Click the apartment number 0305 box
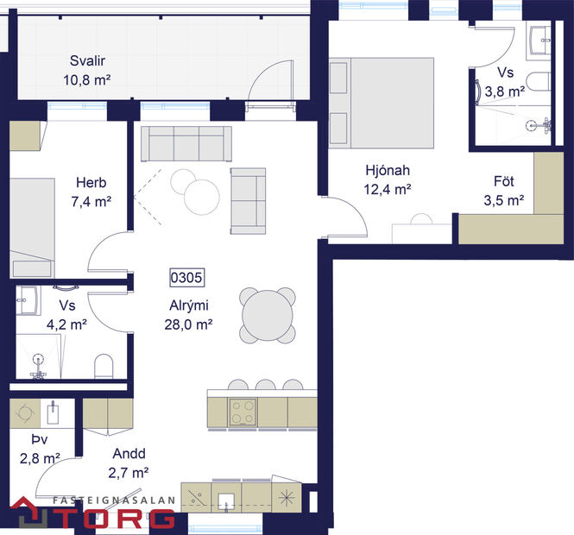point(186,279)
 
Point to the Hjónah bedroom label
point(385,171)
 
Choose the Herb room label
point(91,183)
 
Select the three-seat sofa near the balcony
point(186,142)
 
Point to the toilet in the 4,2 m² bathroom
point(103,366)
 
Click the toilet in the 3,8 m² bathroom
point(539,85)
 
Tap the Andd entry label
point(129,454)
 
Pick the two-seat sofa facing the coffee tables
point(248,199)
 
